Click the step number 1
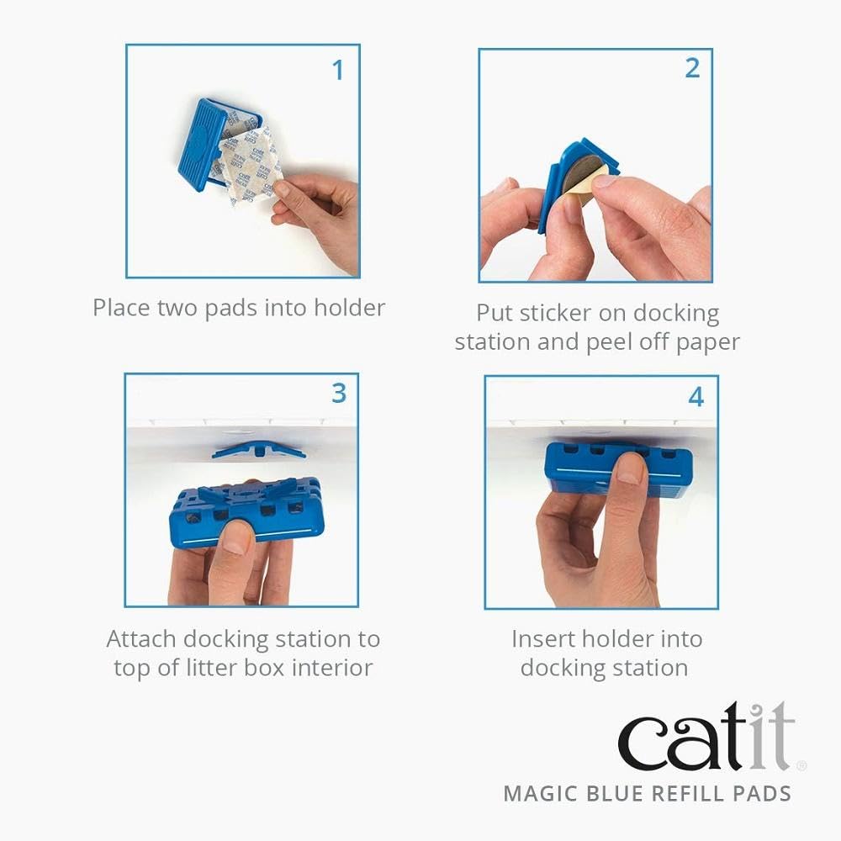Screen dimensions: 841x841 pos(338,70)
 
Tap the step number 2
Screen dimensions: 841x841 pos(692,68)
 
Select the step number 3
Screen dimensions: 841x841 pos(339,393)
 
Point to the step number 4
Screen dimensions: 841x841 pos(696,396)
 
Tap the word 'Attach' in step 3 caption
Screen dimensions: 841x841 pos(141,639)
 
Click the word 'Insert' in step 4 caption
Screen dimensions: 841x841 pos(544,639)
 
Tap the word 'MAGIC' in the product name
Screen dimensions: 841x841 pos(536,793)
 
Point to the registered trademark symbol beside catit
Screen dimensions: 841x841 pos(801,765)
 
